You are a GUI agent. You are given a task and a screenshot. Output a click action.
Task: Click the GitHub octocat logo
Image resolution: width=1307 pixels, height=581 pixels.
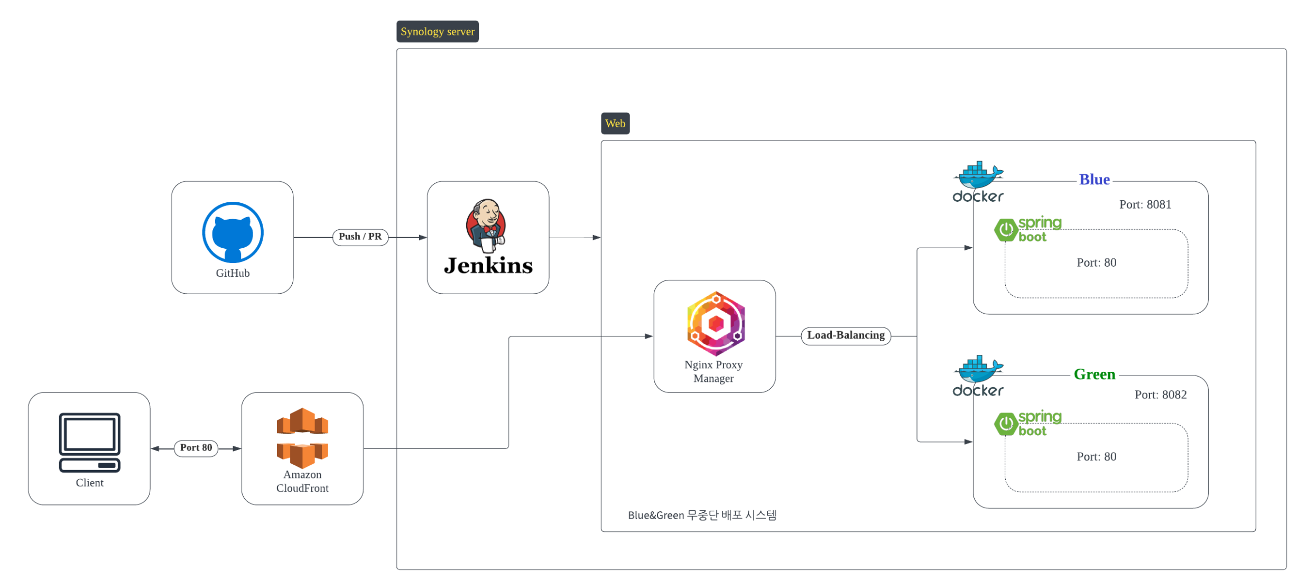[x=233, y=232]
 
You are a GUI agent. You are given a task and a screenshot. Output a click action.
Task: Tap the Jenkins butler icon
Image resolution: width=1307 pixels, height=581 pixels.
[x=486, y=225]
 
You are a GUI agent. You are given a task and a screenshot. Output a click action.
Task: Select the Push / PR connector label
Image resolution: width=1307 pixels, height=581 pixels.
[x=360, y=237]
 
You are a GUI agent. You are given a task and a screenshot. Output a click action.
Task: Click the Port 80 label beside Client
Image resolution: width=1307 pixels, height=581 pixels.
[x=196, y=448]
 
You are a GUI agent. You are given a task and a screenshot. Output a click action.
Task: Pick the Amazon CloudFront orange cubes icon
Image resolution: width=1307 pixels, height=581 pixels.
[x=302, y=437]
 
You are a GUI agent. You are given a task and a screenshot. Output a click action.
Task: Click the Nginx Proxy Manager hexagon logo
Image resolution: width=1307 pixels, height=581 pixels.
[x=716, y=323]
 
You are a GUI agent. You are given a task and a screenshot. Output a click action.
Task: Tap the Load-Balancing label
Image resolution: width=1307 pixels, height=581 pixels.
[x=846, y=335]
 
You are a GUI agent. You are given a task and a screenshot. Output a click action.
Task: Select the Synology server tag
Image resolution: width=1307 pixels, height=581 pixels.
[x=438, y=32]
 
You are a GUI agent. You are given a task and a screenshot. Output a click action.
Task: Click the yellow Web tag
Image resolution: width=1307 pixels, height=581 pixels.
[x=615, y=124]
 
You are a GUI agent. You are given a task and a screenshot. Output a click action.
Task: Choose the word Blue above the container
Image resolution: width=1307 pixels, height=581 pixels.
[x=1094, y=180]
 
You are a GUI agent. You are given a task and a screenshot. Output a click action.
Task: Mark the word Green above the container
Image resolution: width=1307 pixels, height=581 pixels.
[x=1094, y=374]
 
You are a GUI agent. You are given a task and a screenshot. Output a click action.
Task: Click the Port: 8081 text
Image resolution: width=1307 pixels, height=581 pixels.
[x=1145, y=204]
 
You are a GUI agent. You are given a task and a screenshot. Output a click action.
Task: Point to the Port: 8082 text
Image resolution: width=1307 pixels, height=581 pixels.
[x=1160, y=395]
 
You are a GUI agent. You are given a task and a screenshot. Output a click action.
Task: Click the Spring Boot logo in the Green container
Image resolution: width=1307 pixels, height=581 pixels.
[x=1027, y=424]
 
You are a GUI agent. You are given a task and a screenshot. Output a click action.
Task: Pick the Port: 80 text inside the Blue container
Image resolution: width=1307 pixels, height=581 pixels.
[x=1096, y=263]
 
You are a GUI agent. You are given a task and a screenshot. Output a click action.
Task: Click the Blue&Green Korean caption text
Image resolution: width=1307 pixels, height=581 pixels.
[x=702, y=515]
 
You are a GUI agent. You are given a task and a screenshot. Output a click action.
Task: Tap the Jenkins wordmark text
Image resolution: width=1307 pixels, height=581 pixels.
[x=488, y=266]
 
